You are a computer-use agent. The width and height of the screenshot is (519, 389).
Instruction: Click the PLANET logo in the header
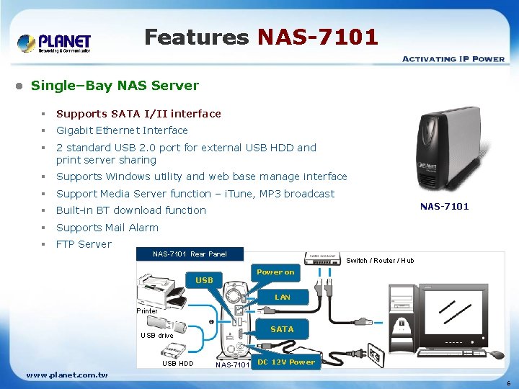pos(55,43)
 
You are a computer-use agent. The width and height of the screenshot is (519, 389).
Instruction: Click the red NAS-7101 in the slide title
pos(318,37)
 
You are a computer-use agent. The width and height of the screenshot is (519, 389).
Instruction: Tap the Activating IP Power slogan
pos(453,58)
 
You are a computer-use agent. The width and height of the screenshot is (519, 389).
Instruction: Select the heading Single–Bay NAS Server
pos(115,85)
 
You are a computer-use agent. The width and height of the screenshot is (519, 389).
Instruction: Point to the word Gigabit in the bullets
pos(76,130)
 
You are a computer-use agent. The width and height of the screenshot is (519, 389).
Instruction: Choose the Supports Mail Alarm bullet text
pos(107,228)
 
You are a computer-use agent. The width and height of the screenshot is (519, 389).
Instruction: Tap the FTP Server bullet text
pos(84,244)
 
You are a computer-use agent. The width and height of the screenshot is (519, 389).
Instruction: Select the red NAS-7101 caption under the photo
pos(444,207)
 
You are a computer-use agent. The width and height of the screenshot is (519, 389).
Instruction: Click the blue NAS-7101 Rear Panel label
pos(190,254)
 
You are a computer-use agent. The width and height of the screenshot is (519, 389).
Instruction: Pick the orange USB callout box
pos(205,280)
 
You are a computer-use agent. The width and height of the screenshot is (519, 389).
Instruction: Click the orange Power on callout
pos(275,272)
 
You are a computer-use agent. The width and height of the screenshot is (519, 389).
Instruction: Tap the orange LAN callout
pos(283,297)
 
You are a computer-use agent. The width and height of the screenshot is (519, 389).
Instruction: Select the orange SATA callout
pos(282,329)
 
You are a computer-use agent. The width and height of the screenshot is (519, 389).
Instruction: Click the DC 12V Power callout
pos(287,362)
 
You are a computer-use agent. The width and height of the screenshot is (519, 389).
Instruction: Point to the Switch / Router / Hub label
pos(380,261)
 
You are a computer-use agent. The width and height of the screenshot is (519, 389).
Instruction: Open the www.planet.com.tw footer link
pos(67,375)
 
